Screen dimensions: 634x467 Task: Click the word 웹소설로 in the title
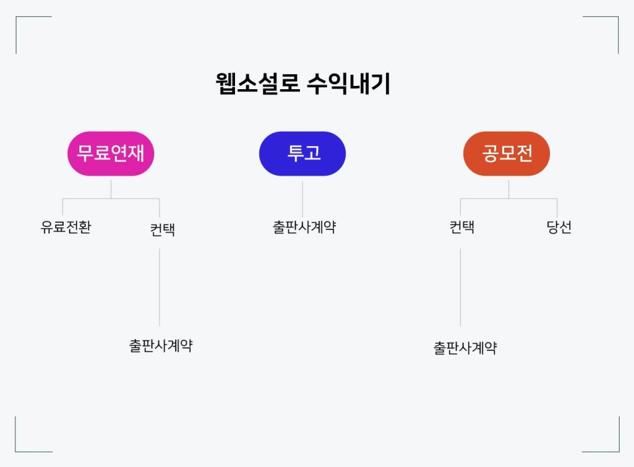point(257,84)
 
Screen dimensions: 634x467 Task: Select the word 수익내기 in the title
point(348,84)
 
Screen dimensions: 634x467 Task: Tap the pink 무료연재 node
point(111,153)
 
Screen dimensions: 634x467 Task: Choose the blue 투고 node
point(303,153)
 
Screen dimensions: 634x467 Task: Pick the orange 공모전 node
point(507,153)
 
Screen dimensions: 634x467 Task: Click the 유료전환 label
point(66,228)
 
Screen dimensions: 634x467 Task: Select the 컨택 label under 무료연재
point(162,230)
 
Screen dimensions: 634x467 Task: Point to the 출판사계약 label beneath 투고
point(304,228)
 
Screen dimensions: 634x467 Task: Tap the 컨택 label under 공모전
point(461,228)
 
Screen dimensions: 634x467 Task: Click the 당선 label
point(559,228)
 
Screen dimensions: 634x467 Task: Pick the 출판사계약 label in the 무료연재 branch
point(161,346)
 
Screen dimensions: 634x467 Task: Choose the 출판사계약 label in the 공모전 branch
point(465,348)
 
